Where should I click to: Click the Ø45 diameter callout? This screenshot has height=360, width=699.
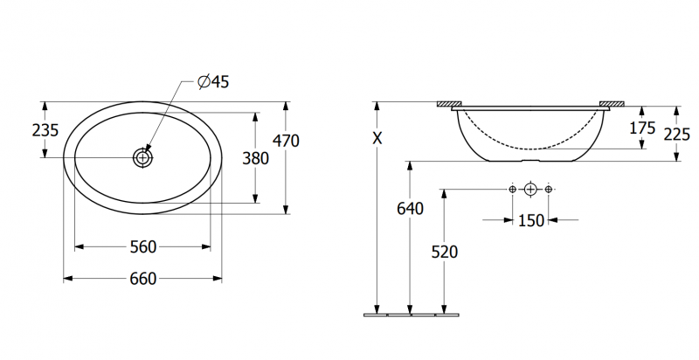click(213, 81)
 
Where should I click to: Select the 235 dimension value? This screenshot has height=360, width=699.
click(45, 130)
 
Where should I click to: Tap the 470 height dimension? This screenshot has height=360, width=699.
click(286, 141)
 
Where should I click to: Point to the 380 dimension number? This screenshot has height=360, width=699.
click(255, 158)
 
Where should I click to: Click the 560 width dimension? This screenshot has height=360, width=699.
click(143, 246)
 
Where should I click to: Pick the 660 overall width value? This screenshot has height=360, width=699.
click(143, 279)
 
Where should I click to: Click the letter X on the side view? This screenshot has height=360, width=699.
click(377, 139)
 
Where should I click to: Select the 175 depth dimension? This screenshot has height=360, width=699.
click(642, 128)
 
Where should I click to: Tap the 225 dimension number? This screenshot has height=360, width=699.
click(676, 134)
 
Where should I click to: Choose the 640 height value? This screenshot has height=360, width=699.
click(410, 209)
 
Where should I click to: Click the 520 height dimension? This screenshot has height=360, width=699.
click(445, 253)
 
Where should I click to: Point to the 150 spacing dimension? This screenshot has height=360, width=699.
click(531, 220)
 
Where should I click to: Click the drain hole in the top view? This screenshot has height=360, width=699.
click(142, 157)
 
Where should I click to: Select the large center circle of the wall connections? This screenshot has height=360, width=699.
click(530, 190)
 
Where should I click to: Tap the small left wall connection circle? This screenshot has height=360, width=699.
click(512, 190)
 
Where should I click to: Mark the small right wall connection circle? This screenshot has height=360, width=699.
click(549, 190)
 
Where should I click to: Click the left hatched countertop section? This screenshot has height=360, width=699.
click(449, 104)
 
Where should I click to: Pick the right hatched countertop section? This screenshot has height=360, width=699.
click(612, 104)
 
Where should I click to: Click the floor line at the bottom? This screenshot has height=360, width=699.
click(412, 315)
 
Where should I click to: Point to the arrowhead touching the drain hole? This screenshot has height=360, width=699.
click(148, 149)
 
